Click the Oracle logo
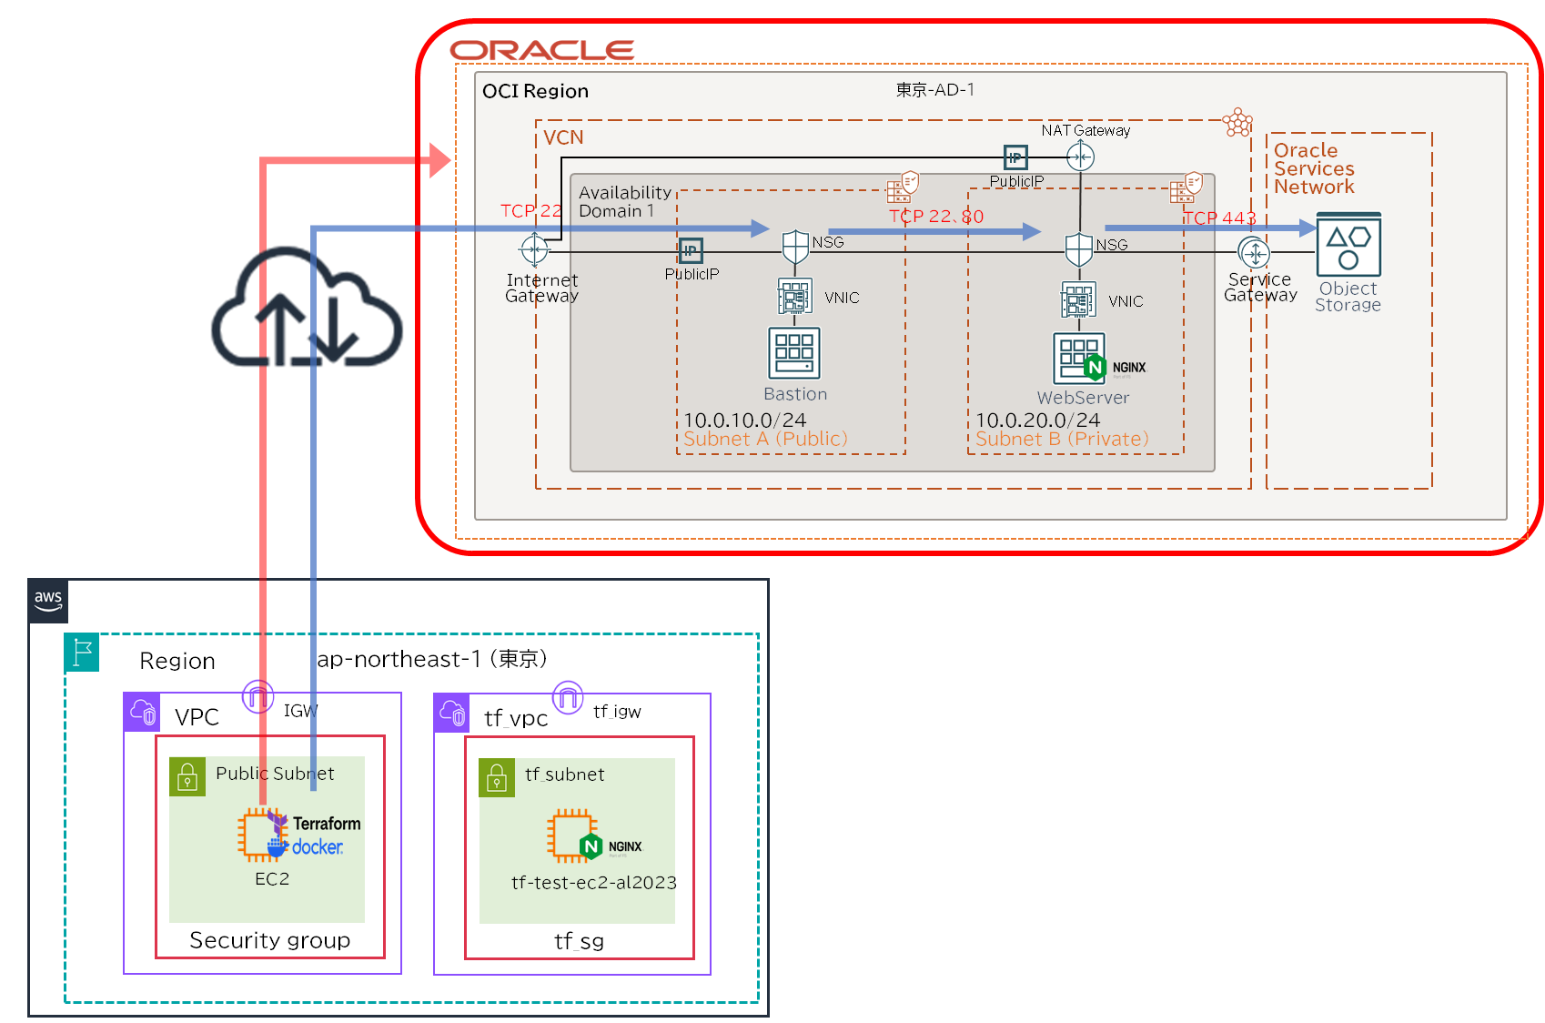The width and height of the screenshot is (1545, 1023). point(541,51)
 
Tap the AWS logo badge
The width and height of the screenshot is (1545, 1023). point(48,601)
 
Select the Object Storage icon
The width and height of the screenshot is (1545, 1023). point(1348,245)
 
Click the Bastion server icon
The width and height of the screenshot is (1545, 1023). point(794,353)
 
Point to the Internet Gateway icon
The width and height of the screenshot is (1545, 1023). point(534,248)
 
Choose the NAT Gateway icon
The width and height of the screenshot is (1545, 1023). point(1080,157)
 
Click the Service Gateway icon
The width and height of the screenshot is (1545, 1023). point(1254,252)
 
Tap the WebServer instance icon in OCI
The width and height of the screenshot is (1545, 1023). point(1079,359)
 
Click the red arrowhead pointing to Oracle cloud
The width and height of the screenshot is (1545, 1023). point(440,160)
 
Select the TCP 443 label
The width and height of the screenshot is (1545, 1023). point(1219,218)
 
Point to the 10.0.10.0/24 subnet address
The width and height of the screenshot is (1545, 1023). point(744,420)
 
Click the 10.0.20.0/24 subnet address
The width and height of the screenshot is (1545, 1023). point(1037,420)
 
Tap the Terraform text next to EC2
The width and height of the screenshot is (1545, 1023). point(327,824)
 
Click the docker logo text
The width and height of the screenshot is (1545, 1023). point(317,847)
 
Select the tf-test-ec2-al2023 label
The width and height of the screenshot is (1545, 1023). point(593,883)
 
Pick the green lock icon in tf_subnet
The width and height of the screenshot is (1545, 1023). point(497,777)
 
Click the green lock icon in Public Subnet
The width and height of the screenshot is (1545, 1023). point(187,776)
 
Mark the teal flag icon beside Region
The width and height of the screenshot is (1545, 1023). point(82,653)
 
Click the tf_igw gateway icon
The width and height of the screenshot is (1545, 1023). point(568,698)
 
